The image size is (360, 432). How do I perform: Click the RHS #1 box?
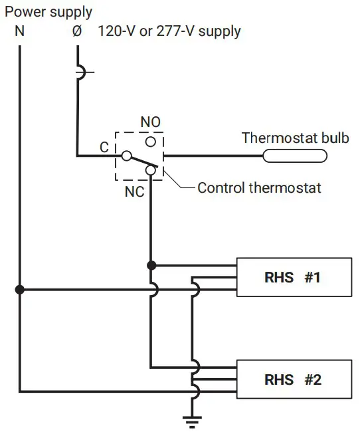click(x=293, y=277)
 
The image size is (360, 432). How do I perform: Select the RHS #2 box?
click(x=293, y=380)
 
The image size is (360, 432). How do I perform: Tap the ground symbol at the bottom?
click(x=193, y=419)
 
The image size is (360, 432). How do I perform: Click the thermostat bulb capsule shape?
click(x=295, y=156)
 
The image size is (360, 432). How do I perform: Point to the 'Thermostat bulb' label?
click(x=295, y=138)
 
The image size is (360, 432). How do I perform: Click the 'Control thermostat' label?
click(x=259, y=187)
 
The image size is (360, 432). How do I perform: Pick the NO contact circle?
click(x=151, y=142)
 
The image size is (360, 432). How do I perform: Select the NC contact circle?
click(x=151, y=171)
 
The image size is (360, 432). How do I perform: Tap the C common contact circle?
click(x=124, y=156)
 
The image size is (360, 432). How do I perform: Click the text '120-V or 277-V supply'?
click(x=169, y=31)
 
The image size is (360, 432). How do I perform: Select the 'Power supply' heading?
click(x=48, y=12)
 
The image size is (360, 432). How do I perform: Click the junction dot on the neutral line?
click(x=20, y=289)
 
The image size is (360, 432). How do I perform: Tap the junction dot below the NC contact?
click(x=151, y=265)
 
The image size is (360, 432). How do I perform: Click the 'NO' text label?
click(x=151, y=123)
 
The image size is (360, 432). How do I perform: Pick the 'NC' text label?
click(x=134, y=191)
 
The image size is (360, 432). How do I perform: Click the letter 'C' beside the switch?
click(x=104, y=147)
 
